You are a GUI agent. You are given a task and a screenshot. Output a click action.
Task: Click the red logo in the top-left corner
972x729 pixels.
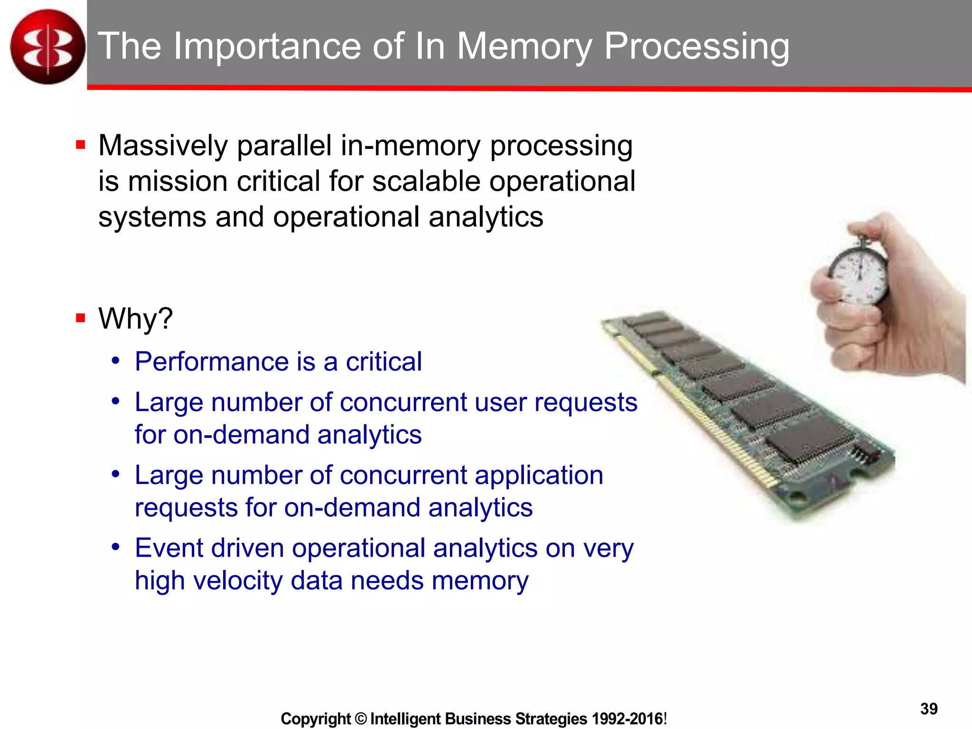pos(47,47)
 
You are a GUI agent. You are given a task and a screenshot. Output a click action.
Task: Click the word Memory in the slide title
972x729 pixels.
pos(524,47)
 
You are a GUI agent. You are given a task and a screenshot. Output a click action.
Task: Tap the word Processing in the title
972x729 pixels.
pos(697,47)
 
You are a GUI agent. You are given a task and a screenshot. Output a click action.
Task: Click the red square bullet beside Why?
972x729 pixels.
pos(80,318)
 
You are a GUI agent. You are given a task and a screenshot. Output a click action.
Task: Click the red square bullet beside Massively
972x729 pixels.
pos(80,145)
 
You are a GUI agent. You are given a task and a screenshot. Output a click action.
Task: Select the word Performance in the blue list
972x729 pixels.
pos(212,362)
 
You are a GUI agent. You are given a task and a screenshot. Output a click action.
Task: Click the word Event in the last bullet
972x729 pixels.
pos(168,548)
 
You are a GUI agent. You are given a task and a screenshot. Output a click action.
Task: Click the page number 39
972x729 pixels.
pos(929,709)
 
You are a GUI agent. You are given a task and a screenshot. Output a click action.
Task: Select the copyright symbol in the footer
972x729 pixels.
pos(361,719)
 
